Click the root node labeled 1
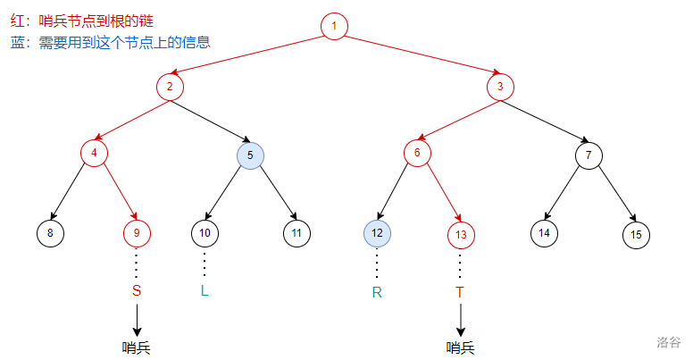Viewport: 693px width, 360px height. click(x=334, y=26)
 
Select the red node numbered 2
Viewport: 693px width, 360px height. click(x=170, y=87)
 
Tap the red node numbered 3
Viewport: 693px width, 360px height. click(x=500, y=87)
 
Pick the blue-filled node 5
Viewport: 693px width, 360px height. click(x=250, y=155)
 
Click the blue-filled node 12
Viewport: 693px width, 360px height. click(x=377, y=233)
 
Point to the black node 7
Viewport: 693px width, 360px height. click(x=589, y=155)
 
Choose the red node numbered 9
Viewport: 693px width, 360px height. click(x=137, y=233)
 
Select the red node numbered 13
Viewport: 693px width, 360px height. click(x=461, y=235)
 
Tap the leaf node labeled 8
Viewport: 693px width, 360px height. click(x=50, y=233)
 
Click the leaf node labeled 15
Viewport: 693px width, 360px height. click(x=636, y=235)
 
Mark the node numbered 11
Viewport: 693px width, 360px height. click(x=296, y=233)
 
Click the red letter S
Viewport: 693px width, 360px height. click(x=137, y=290)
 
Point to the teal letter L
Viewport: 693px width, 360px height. click(x=205, y=290)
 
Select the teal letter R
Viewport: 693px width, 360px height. click(x=377, y=292)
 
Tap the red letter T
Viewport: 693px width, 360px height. click(x=460, y=292)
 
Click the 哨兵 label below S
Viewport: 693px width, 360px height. click(x=136, y=348)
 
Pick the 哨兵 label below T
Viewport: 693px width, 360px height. click(x=460, y=348)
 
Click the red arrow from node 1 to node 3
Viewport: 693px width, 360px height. click(x=422, y=54)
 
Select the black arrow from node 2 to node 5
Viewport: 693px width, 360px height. click(x=211, y=121)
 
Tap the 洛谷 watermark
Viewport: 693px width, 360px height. click(x=668, y=342)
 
